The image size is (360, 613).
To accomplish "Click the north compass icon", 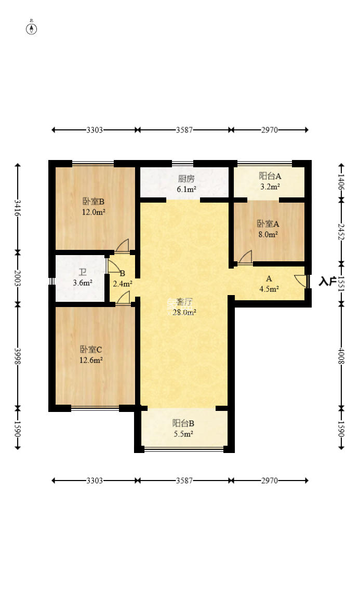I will coord(32,29).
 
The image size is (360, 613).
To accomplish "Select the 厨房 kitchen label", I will coord(186,179).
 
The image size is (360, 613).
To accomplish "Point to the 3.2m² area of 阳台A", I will coord(270,186).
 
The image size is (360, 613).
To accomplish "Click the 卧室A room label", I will coord(268,224).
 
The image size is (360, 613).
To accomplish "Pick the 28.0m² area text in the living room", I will coord(184,312).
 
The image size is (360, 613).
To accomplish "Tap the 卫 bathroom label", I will coord(82,272).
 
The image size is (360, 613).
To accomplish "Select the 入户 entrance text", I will coord(327,282).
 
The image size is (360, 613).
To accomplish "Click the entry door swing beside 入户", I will coord(301,280).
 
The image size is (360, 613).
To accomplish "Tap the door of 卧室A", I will coord(246,258).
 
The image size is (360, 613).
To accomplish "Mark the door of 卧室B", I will coord(123,246).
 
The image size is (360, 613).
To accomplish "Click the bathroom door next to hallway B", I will coord(113,265).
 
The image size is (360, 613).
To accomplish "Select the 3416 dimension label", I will coord(18,207).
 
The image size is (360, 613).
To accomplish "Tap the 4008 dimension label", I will coord(341,355).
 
